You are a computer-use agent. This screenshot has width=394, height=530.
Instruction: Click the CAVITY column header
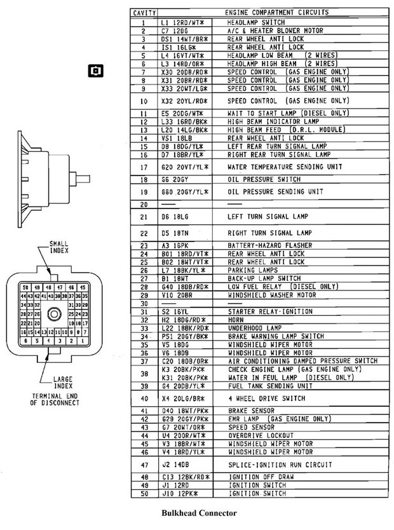[x=144, y=13]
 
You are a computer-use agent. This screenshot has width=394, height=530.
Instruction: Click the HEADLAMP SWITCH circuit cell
[x=250, y=22]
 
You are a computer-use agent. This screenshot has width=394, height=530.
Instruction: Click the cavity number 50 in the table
[x=144, y=493]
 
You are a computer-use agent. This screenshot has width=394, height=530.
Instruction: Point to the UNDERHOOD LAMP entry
[x=252, y=327]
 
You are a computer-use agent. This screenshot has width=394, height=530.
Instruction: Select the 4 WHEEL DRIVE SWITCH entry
[x=258, y=398]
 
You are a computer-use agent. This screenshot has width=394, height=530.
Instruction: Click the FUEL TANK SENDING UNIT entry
[x=261, y=386]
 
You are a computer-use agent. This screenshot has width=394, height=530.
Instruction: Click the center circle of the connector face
[x=54, y=313]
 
